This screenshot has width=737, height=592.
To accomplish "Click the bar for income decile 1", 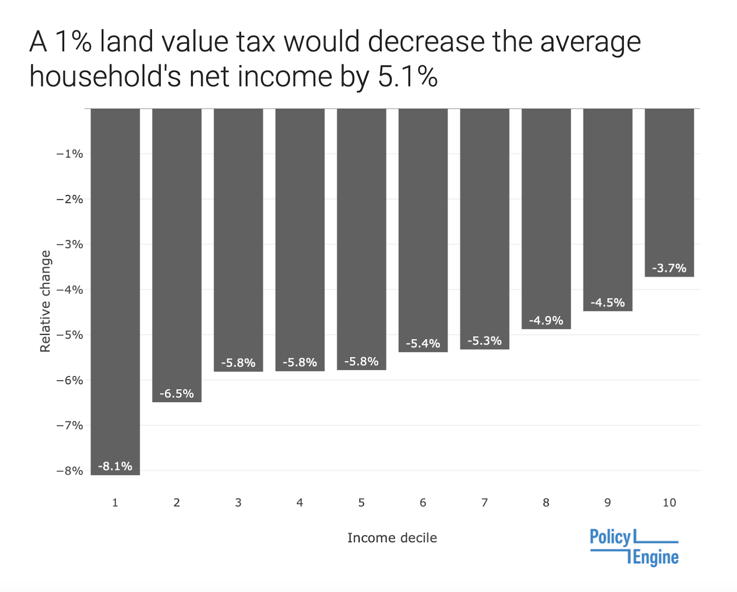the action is coord(116,292).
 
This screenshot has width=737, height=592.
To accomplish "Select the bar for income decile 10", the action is coord(669,193).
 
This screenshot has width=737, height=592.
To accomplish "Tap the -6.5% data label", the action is coord(177,393).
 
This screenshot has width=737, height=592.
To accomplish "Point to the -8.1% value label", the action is coord(115,466).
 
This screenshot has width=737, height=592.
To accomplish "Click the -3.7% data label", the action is coord(669,268).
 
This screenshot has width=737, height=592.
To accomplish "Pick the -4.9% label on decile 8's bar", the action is coord(546,321).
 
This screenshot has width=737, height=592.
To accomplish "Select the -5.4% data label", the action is coord(423,343).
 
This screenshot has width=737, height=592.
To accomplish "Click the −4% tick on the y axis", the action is coord(70,290).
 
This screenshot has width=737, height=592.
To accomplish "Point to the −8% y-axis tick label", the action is coord(70,471).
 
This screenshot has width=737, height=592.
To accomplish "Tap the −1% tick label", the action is coord(70,154).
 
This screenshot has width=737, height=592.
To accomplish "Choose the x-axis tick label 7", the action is coord(484,503).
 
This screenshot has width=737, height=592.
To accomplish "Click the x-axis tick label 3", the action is coord(238,503).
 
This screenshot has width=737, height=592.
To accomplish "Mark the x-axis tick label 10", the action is coord(669,503).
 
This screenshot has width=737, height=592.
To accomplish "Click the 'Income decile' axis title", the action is coord(392,538).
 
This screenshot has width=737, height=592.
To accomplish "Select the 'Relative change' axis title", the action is coord(45,301).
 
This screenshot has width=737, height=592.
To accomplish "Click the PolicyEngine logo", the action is coord(634,547).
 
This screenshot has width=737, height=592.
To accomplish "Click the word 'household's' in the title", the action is coord(105,76).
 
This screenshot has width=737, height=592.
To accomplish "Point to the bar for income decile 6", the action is coord(423,230).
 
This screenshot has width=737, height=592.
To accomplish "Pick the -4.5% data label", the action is coord(608,303).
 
